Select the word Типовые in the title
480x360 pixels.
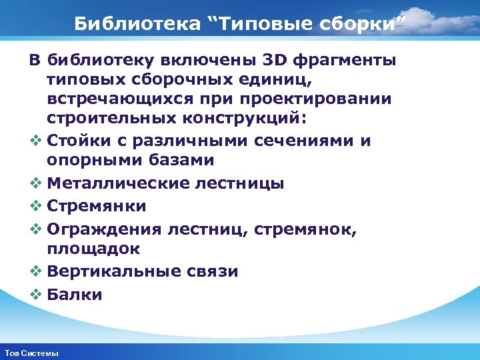[262, 25]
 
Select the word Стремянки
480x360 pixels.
[97, 206]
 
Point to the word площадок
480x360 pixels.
[93, 249]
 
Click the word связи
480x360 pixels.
[215, 271]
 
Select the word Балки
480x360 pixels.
[75, 294]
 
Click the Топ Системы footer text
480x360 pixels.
[31, 353]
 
